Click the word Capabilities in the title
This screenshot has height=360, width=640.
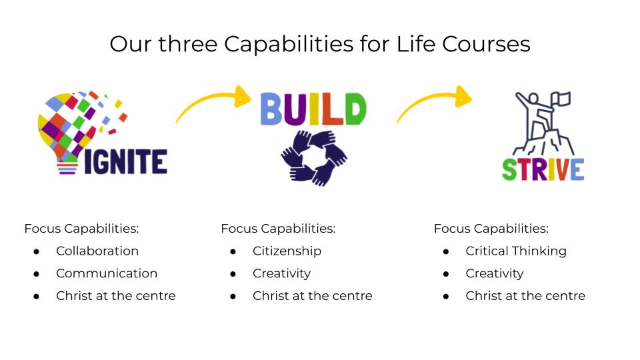(289, 45)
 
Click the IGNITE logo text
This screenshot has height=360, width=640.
(126, 161)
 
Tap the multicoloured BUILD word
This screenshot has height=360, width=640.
(313, 109)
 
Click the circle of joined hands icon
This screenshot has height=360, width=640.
(314, 158)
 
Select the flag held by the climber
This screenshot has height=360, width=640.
(561, 99)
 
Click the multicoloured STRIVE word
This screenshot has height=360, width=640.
(543, 169)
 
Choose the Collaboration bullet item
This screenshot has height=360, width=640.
(97, 251)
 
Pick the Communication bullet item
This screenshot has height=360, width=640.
(107, 273)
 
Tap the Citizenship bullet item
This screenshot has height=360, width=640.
(287, 251)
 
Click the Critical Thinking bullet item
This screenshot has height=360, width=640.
(516, 251)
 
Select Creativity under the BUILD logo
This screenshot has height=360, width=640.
(281, 274)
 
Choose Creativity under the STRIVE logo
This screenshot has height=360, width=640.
(495, 274)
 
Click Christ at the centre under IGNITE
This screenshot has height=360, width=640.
(116, 296)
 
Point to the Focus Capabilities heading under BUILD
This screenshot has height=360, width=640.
(278, 229)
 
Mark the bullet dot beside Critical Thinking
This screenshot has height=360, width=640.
(446, 252)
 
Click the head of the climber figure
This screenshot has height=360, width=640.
(533, 98)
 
